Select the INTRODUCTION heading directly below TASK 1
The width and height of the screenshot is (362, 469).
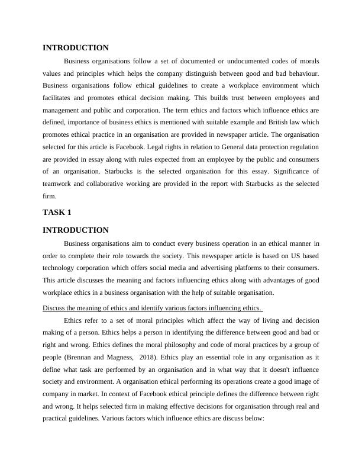coord(76,230)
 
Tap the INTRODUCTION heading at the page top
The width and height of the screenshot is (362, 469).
coord(76,47)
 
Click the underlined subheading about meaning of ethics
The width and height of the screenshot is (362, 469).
coord(153,307)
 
